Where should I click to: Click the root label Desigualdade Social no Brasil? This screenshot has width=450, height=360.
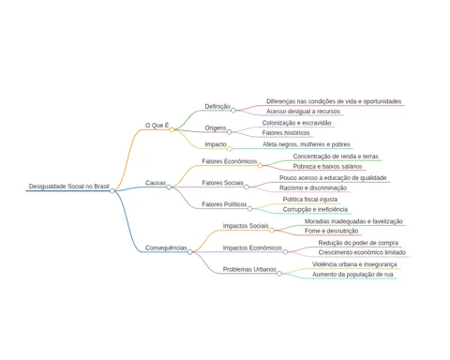69,187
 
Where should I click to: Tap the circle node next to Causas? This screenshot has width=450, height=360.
169,187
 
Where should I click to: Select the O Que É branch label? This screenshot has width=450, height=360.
157,126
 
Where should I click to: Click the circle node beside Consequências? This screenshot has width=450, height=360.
190,252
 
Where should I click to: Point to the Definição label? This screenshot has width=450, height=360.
217,106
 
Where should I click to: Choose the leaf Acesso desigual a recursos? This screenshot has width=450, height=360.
303,112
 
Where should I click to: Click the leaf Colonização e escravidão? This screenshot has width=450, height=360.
296,123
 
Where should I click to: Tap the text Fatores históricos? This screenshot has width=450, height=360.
286,133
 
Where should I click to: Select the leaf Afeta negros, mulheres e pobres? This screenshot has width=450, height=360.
307,144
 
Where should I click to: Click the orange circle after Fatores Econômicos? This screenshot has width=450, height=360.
260,165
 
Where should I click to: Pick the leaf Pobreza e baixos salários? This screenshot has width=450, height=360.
327,166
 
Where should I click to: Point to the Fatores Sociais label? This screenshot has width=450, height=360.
223,183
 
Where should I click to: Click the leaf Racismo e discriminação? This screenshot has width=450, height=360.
313,187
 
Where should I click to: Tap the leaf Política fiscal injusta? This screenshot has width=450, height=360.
310,200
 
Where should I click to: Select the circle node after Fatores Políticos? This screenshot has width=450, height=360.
249,208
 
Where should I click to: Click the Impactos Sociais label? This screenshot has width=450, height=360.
246,226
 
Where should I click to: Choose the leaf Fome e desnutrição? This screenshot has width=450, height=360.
331,231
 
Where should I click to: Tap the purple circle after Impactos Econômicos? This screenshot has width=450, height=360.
285,252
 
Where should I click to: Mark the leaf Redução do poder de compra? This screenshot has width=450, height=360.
358,243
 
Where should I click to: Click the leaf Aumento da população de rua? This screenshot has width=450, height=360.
352,275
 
